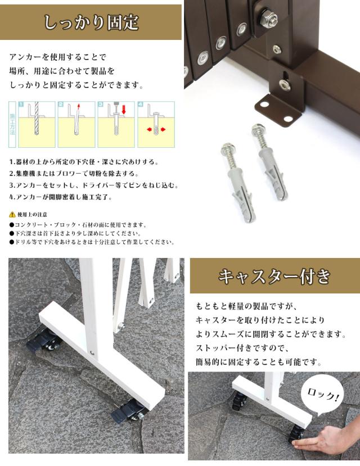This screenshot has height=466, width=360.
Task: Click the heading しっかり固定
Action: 91,22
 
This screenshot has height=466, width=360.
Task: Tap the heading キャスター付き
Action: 274,276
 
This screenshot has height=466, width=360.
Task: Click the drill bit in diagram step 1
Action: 36,119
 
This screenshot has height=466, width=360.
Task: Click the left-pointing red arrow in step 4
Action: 150,130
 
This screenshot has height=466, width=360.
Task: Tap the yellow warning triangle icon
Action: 12,214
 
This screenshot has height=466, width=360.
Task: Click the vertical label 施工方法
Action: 12,124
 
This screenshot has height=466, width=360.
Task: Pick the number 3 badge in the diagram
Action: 101,105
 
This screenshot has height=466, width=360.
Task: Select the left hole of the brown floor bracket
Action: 264,105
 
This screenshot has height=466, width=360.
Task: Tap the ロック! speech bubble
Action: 322,397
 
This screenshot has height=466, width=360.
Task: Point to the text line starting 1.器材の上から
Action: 84,162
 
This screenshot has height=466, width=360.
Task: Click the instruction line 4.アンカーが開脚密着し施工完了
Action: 61,197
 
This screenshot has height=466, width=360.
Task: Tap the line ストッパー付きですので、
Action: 242,348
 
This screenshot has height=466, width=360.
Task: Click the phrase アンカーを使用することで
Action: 58,57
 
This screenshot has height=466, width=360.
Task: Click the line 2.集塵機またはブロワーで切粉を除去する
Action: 74,174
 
